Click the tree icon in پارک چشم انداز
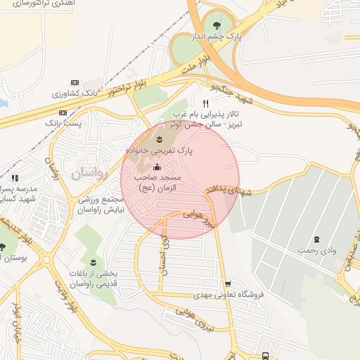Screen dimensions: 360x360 [x=226, y=20]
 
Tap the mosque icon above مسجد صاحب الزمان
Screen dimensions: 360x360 [x=156, y=167]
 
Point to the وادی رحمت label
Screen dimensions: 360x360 [x=318, y=250]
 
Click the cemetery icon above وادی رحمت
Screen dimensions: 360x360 [x=317, y=239]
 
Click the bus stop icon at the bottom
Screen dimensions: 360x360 [x=265, y=356]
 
